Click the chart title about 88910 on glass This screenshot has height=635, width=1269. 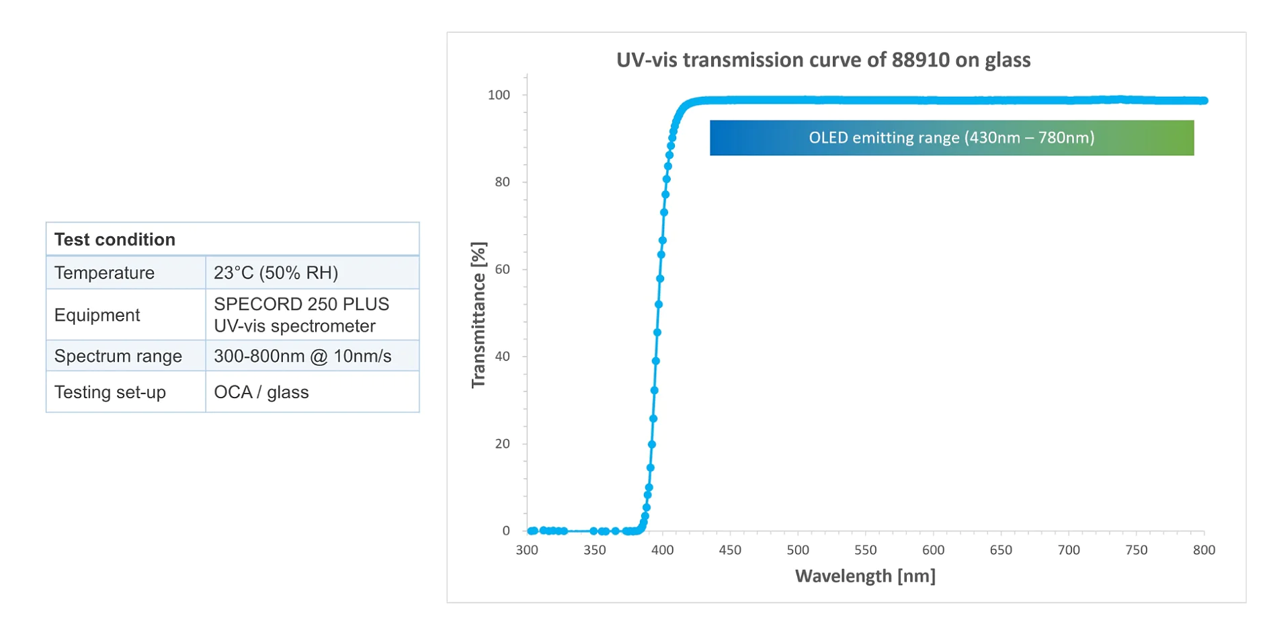(823, 60)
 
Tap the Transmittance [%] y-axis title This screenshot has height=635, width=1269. (479, 315)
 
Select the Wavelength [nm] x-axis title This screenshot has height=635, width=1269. (865, 576)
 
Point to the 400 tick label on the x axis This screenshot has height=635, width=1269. (662, 550)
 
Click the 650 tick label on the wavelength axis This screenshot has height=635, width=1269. (1001, 550)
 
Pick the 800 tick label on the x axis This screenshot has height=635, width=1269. (1204, 550)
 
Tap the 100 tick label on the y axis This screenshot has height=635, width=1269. (499, 95)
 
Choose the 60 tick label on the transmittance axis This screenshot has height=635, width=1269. (502, 269)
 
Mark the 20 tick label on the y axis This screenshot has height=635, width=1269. (502, 443)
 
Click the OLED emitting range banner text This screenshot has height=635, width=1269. (951, 138)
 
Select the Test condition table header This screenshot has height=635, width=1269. (115, 239)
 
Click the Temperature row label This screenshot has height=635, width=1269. (104, 272)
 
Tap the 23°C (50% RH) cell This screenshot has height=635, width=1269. (276, 272)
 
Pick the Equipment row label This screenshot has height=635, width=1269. (97, 315)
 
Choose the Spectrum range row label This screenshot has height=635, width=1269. (118, 356)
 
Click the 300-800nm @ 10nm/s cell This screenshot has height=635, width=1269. (302, 356)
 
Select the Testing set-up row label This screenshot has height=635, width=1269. (110, 392)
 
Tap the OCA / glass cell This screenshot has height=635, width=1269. (261, 392)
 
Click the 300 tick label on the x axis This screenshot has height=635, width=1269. (527, 550)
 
